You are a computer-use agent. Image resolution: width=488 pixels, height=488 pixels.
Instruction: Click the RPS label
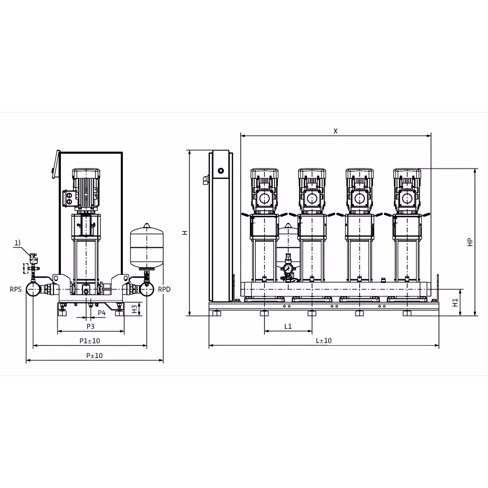[x=16, y=289]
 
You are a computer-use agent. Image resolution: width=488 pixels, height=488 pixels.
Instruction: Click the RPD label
[x=164, y=289]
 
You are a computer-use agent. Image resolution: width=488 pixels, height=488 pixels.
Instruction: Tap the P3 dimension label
[x=90, y=327]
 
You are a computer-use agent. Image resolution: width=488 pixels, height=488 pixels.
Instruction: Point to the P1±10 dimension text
[x=90, y=341]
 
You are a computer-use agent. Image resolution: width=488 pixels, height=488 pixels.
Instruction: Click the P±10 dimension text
[x=94, y=356]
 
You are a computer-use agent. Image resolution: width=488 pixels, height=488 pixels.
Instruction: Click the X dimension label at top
[x=335, y=131]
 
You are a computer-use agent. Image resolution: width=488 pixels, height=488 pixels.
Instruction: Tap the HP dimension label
[x=470, y=242]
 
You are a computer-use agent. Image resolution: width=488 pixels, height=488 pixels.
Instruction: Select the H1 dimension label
[x=455, y=303]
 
